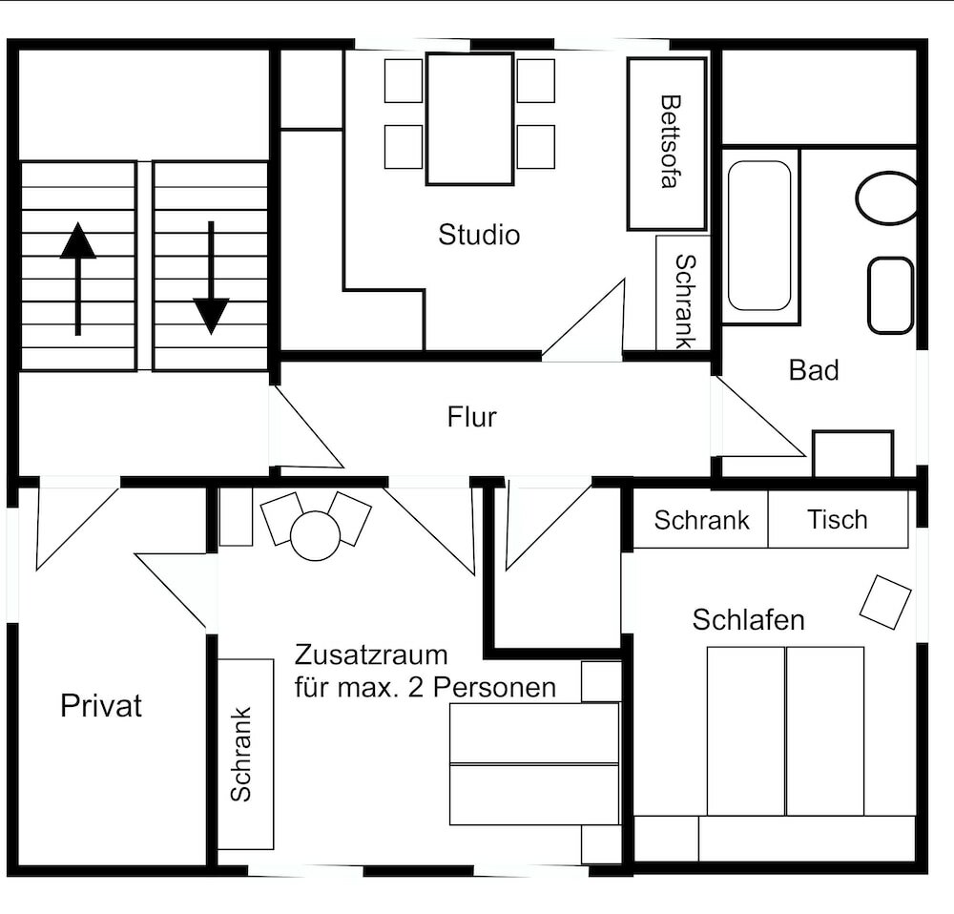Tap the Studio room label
coord(479,235)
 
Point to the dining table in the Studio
coord(469,118)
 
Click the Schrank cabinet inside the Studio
coord(683,292)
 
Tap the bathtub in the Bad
coord(759,236)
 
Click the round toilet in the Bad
coord(887,198)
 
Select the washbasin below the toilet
coord(890,295)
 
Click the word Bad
coord(814,370)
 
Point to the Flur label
coord(472,417)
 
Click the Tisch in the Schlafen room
coord(838,520)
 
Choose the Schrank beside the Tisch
coord(701,521)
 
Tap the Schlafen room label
coord(748,620)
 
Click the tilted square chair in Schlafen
coord(885,602)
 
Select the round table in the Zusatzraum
coord(315,535)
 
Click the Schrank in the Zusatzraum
coord(245,754)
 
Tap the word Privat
coord(101,706)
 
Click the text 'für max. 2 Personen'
coord(425,688)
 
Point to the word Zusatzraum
coord(371,656)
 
